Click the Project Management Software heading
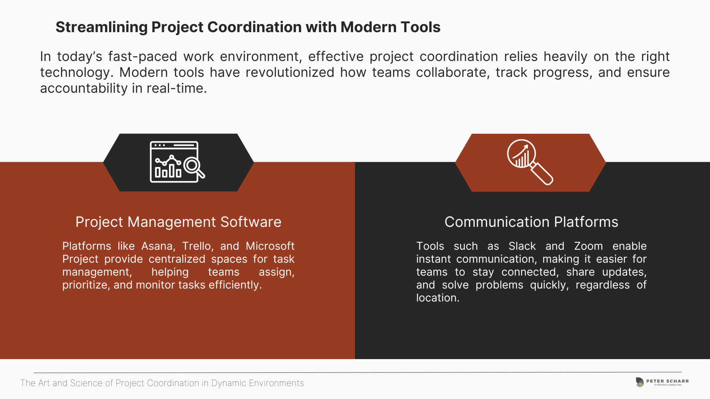point(178,222)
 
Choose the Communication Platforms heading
point(531,222)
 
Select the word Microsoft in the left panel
point(270,246)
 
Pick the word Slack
point(522,246)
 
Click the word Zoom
point(588,246)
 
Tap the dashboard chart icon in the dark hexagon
point(177,162)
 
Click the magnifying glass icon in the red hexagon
point(530,162)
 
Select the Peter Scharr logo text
point(667,381)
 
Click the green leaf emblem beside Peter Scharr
point(640,382)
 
